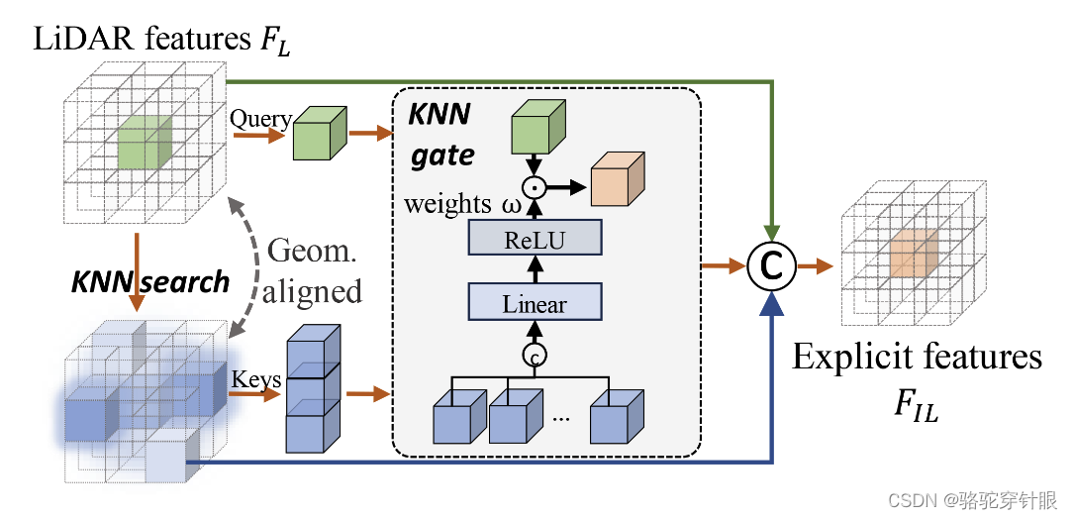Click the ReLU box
[x=535, y=239]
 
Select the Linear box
[x=535, y=304]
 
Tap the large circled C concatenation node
[x=770, y=266]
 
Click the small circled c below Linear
[x=535, y=353]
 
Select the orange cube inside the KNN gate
[x=617, y=183]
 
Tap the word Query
[x=260, y=120]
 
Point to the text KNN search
[x=149, y=282]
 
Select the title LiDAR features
[x=162, y=40]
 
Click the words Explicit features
[x=917, y=358]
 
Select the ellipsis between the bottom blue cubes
[x=561, y=417]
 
